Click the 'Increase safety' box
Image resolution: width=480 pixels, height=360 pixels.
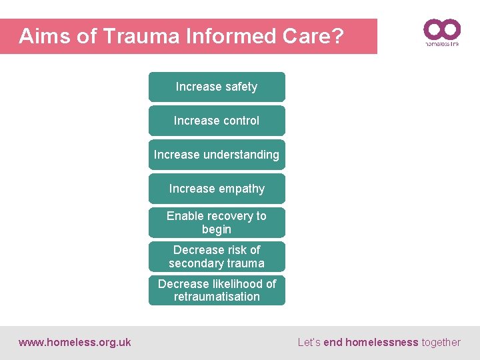(x=217, y=87)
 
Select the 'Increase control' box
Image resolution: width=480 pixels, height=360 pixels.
(x=217, y=121)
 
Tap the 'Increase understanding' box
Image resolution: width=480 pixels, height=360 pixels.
(x=217, y=155)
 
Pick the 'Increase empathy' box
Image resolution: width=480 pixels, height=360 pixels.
(x=217, y=189)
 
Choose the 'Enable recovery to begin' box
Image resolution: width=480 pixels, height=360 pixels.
(x=217, y=223)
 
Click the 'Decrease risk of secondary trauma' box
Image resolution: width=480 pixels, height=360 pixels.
(x=217, y=257)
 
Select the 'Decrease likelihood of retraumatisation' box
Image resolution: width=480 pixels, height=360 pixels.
(x=217, y=290)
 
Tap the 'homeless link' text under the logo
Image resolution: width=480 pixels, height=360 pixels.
(x=442, y=45)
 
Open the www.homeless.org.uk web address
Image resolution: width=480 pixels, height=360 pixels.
(x=75, y=343)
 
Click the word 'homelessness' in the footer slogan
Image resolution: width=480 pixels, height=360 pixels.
(x=381, y=343)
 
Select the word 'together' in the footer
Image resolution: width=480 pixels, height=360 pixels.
(x=441, y=343)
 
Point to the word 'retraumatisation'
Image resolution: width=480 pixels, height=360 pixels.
(x=217, y=297)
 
